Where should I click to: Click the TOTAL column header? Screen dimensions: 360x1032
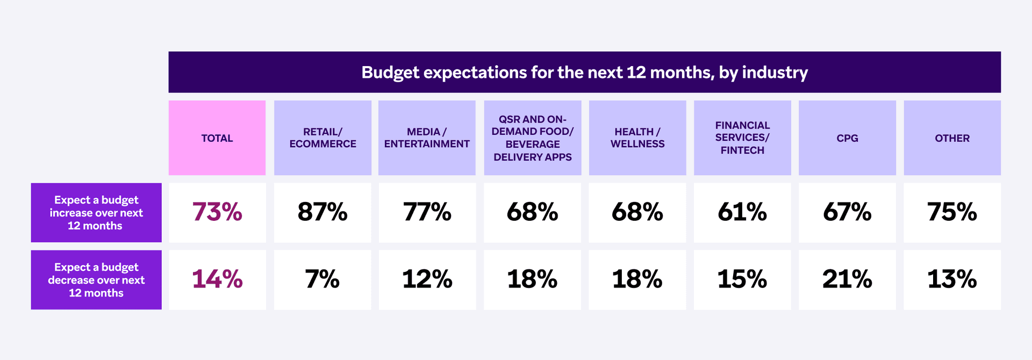click(x=217, y=138)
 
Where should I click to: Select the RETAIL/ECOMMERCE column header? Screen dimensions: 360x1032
click(x=322, y=138)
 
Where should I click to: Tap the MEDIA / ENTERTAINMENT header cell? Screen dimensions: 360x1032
click(x=427, y=138)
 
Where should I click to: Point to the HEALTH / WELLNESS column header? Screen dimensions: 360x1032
click(x=637, y=138)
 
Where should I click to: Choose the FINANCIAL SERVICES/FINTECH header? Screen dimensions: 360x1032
click(x=742, y=138)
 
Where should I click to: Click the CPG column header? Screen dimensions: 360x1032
click(x=847, y=138)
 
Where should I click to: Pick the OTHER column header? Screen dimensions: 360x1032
click(x=952, y=138)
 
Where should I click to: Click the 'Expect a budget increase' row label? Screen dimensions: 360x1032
click(x=96, y=213)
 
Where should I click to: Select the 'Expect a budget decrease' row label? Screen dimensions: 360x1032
click(x=96, y=280)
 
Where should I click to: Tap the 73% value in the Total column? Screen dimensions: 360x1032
click(x=217, y=212)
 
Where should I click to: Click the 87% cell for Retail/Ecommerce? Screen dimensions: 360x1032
click(x=322, y=212)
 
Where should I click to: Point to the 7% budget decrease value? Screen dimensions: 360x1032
click(x=322, y=279)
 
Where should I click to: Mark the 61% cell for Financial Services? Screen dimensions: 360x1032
click(x=742, y=212)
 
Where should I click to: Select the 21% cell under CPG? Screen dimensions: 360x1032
click(x=847, y=279)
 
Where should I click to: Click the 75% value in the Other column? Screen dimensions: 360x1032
click(x=952, y=212)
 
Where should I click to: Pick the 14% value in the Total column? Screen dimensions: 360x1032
click(x=217, y=279)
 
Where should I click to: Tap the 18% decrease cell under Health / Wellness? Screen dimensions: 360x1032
click(x=637, y=279)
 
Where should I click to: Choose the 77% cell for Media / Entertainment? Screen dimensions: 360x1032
click(x=427, y=212)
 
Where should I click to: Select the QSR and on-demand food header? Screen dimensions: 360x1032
click(x=532, y=138)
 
